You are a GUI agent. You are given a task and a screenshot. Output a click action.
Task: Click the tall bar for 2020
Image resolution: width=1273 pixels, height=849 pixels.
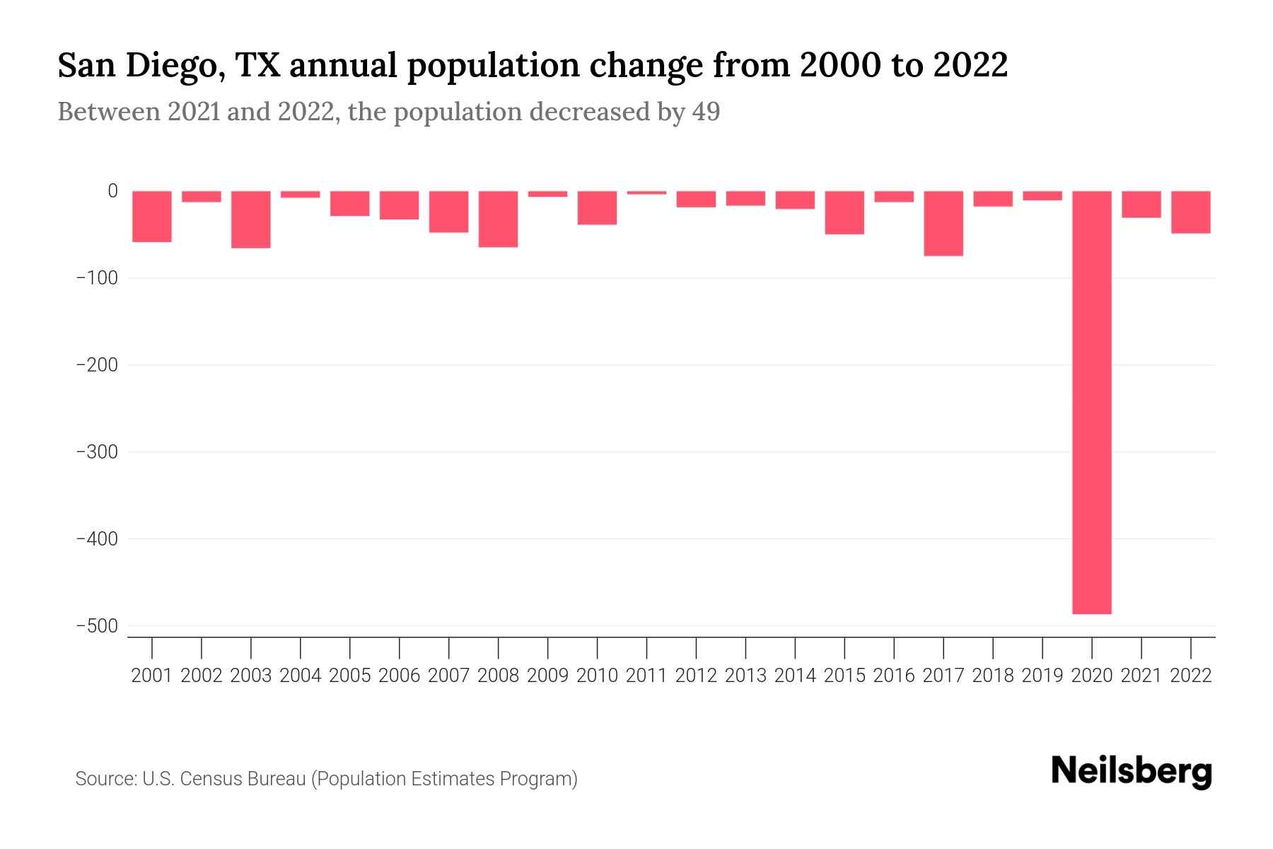click(1091, 402)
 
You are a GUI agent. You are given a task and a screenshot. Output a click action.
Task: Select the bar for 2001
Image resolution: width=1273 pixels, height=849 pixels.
click(152, 216)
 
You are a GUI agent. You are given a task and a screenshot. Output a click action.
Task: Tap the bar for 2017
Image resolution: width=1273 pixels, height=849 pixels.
click(943, 224)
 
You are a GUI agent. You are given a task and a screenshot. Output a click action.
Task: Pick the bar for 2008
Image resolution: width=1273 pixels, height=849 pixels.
click(498, 219)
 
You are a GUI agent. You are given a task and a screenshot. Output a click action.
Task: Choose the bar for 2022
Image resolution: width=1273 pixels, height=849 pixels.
click(1190, 212)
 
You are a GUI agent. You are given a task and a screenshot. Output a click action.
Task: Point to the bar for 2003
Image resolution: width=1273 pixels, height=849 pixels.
click(251, 219)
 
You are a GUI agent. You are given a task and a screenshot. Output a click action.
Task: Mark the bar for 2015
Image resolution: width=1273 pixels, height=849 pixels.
click(844, 212)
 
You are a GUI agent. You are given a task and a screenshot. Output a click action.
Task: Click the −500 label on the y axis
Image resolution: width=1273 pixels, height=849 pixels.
click(96, 626)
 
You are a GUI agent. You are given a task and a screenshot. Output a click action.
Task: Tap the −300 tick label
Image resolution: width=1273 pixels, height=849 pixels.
click(96, 452)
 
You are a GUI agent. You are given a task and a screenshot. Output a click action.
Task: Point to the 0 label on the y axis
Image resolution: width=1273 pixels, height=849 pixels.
click(112, 191)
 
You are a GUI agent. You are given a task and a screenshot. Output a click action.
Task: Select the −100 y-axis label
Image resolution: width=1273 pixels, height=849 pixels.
click(96, 278)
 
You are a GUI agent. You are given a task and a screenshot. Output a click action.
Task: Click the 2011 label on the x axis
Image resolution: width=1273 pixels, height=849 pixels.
click(646, 676)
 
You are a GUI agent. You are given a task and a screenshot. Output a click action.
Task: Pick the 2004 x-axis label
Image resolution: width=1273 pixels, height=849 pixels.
click(301, 676)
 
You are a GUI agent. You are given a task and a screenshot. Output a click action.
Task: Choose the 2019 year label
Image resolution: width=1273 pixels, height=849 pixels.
click(1042, 676)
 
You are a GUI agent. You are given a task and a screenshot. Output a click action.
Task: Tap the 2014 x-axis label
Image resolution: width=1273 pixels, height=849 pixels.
click(795, 676)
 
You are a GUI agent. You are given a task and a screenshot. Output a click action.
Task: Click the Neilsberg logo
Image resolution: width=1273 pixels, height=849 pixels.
click(1131, 772)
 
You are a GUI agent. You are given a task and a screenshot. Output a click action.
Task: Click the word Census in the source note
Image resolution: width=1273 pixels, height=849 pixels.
click(207, 779)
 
